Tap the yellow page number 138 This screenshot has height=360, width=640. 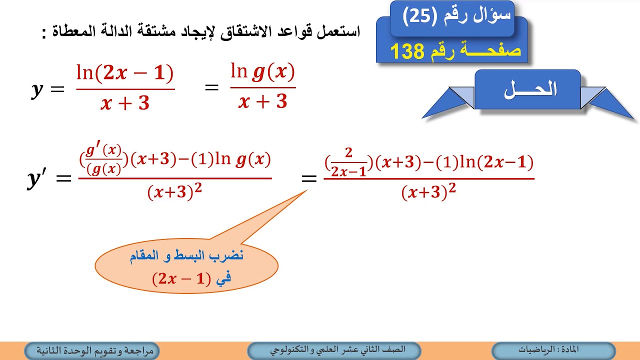[407, 51]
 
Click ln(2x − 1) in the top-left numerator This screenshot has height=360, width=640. [125, 74]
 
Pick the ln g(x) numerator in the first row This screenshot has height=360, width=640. [263, 73]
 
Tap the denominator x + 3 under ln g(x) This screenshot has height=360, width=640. [263, 101]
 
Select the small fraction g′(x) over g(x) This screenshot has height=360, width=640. [104, 160]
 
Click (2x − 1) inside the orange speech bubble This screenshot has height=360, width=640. [179, 278]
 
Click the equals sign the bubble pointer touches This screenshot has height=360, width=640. [309, 178]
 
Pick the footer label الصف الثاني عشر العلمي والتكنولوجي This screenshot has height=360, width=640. [334, 350]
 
